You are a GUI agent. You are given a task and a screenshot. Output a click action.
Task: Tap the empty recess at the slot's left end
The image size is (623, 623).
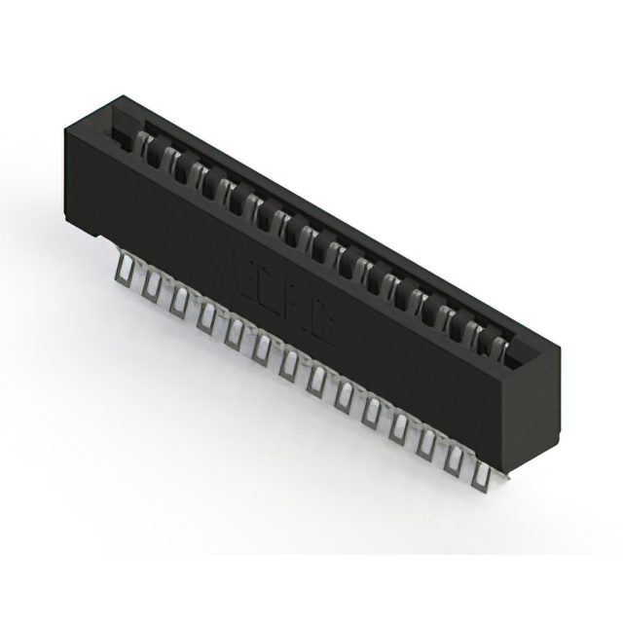pyautogui.click(x=121, y=136)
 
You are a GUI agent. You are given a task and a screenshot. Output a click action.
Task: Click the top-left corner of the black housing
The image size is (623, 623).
pyautogui.click(x=66, y=124)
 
